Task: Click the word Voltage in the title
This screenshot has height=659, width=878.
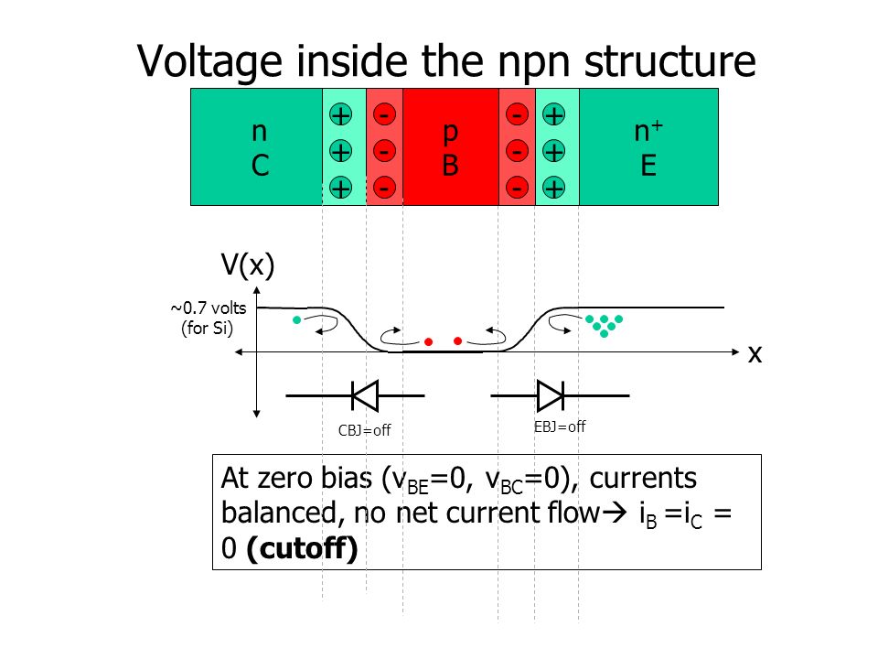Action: click(x=209, y=61)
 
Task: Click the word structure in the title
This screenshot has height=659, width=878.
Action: click(x=669, y=60)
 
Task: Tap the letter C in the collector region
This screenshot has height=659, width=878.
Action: click(x=260, y=166)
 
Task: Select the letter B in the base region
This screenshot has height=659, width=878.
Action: click(x=450, y=166)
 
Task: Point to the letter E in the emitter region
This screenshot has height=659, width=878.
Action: click(x=648, y=166)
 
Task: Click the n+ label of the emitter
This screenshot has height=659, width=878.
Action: click(x=648, y=131)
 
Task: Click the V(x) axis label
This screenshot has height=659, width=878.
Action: click(x=248, y=265)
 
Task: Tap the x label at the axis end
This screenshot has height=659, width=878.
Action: click(x=755, y=354)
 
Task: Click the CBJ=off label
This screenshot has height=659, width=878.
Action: click(x=365, y=430)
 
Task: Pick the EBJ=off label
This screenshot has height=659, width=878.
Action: click(x=560, y=427)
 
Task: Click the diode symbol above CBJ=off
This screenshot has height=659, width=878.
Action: click(x=365, y=395)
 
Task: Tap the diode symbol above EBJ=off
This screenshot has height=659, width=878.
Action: click(x=551, y=395)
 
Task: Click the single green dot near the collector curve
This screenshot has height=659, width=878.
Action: click(x=296, y=320)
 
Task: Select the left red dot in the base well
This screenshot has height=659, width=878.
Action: click(x=428, y=341)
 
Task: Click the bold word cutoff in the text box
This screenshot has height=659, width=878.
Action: click(x=302, y=548)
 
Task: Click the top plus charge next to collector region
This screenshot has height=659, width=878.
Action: click(x=340, y=115)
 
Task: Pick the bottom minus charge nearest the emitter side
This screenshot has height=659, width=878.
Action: click(x=517, y=188)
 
